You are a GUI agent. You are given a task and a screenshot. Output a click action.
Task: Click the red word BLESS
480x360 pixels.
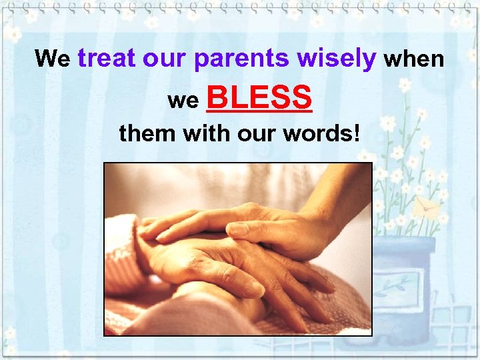click(x=261, y=98)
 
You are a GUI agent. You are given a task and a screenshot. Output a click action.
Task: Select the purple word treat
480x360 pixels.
click(x=111, y=59)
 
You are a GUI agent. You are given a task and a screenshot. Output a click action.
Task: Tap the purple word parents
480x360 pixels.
click(x=242, y=59)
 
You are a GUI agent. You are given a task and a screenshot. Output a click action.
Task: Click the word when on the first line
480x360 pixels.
click(x=414, y=59)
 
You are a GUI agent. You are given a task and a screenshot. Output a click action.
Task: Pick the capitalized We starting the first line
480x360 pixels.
click(x=53, y=59)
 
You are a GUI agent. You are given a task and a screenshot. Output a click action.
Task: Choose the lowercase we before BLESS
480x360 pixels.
click(x=183, y=101)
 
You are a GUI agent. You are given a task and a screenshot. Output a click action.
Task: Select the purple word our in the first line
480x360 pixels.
click(x=168, y=59)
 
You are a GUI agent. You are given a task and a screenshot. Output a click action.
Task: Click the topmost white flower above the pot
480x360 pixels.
click(x=404, y=85)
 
